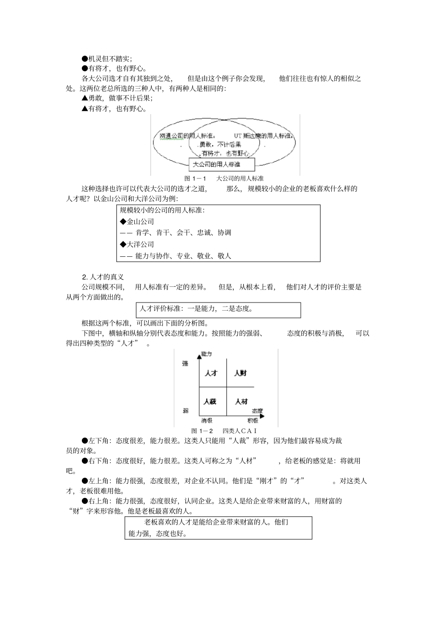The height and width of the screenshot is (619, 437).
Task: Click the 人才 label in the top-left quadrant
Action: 211,373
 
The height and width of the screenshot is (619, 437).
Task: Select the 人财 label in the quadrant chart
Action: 241,373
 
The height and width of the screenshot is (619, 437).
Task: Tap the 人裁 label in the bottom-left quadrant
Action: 210,401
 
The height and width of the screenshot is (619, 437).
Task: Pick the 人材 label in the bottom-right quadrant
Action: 241,401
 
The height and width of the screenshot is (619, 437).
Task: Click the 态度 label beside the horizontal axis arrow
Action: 257,411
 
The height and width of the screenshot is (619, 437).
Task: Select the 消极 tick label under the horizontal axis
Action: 207,421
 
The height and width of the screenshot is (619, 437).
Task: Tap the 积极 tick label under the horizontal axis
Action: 253,421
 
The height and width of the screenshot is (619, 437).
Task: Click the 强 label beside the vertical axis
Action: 185,363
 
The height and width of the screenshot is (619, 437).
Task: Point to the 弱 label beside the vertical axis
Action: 185,410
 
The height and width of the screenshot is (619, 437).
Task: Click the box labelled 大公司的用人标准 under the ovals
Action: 222,164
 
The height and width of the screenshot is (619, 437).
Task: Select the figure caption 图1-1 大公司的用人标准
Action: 224,179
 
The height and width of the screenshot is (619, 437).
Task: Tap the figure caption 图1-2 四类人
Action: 224,431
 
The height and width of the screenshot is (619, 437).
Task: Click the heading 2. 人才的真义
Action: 103,277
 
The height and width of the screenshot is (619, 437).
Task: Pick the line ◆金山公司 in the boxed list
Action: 137,221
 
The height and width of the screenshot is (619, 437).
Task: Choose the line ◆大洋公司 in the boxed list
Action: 137,244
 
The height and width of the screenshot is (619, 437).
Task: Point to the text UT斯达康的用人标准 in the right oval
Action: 263,136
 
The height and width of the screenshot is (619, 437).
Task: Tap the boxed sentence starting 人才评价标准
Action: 197,309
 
